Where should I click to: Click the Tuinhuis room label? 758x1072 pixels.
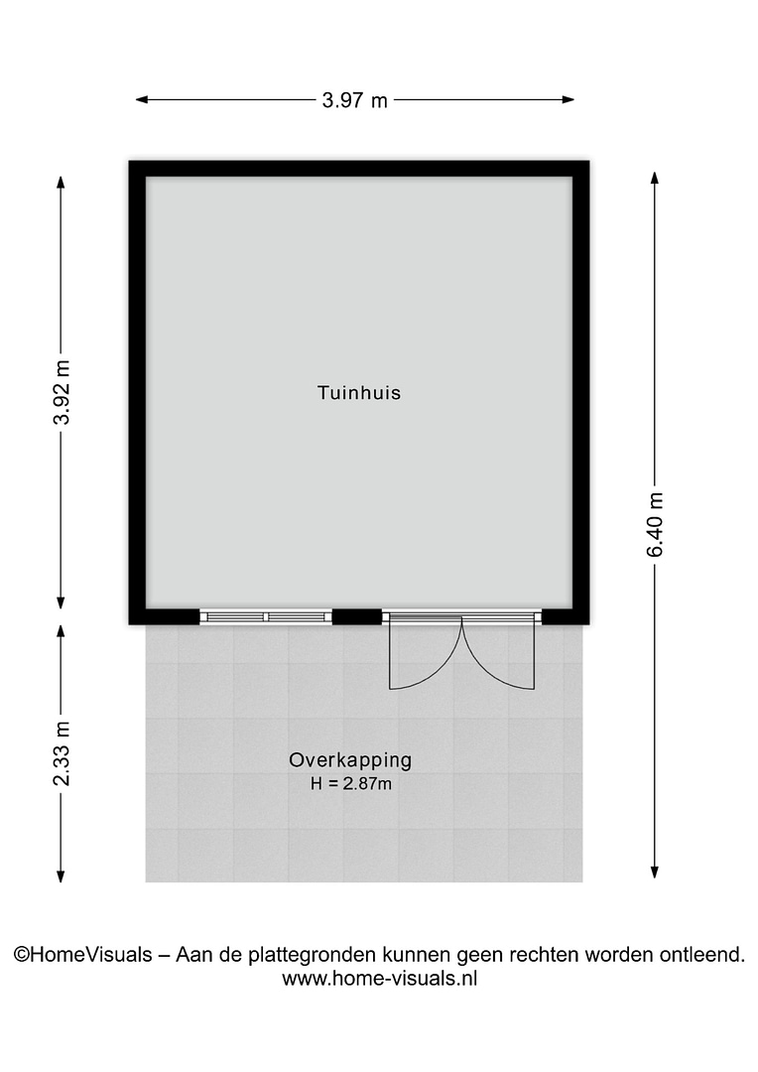coord(359,393)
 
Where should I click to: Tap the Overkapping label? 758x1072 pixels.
coord(350,760)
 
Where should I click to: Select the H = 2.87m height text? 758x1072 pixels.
coord(350,783)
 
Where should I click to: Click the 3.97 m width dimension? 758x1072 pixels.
coord(355,100)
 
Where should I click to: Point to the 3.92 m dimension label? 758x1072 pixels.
coord(62,392)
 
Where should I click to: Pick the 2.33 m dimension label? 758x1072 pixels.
coord(62,753)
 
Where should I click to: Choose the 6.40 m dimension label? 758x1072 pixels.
coord(655,524)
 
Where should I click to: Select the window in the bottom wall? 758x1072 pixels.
coord(266,617)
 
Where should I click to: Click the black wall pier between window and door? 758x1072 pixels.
coord(357,616)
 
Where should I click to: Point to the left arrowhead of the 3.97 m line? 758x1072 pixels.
coord(141,100)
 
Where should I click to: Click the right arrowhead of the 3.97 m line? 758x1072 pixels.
coord(568,100)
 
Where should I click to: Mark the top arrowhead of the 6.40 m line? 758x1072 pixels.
coord(655,177)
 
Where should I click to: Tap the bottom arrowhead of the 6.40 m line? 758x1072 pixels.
coord(655,872)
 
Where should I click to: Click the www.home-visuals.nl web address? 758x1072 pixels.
coord(379,979)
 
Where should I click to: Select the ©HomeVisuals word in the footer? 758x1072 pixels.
coord(82,955)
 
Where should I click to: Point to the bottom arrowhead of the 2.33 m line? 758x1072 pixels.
coord(61,875)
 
